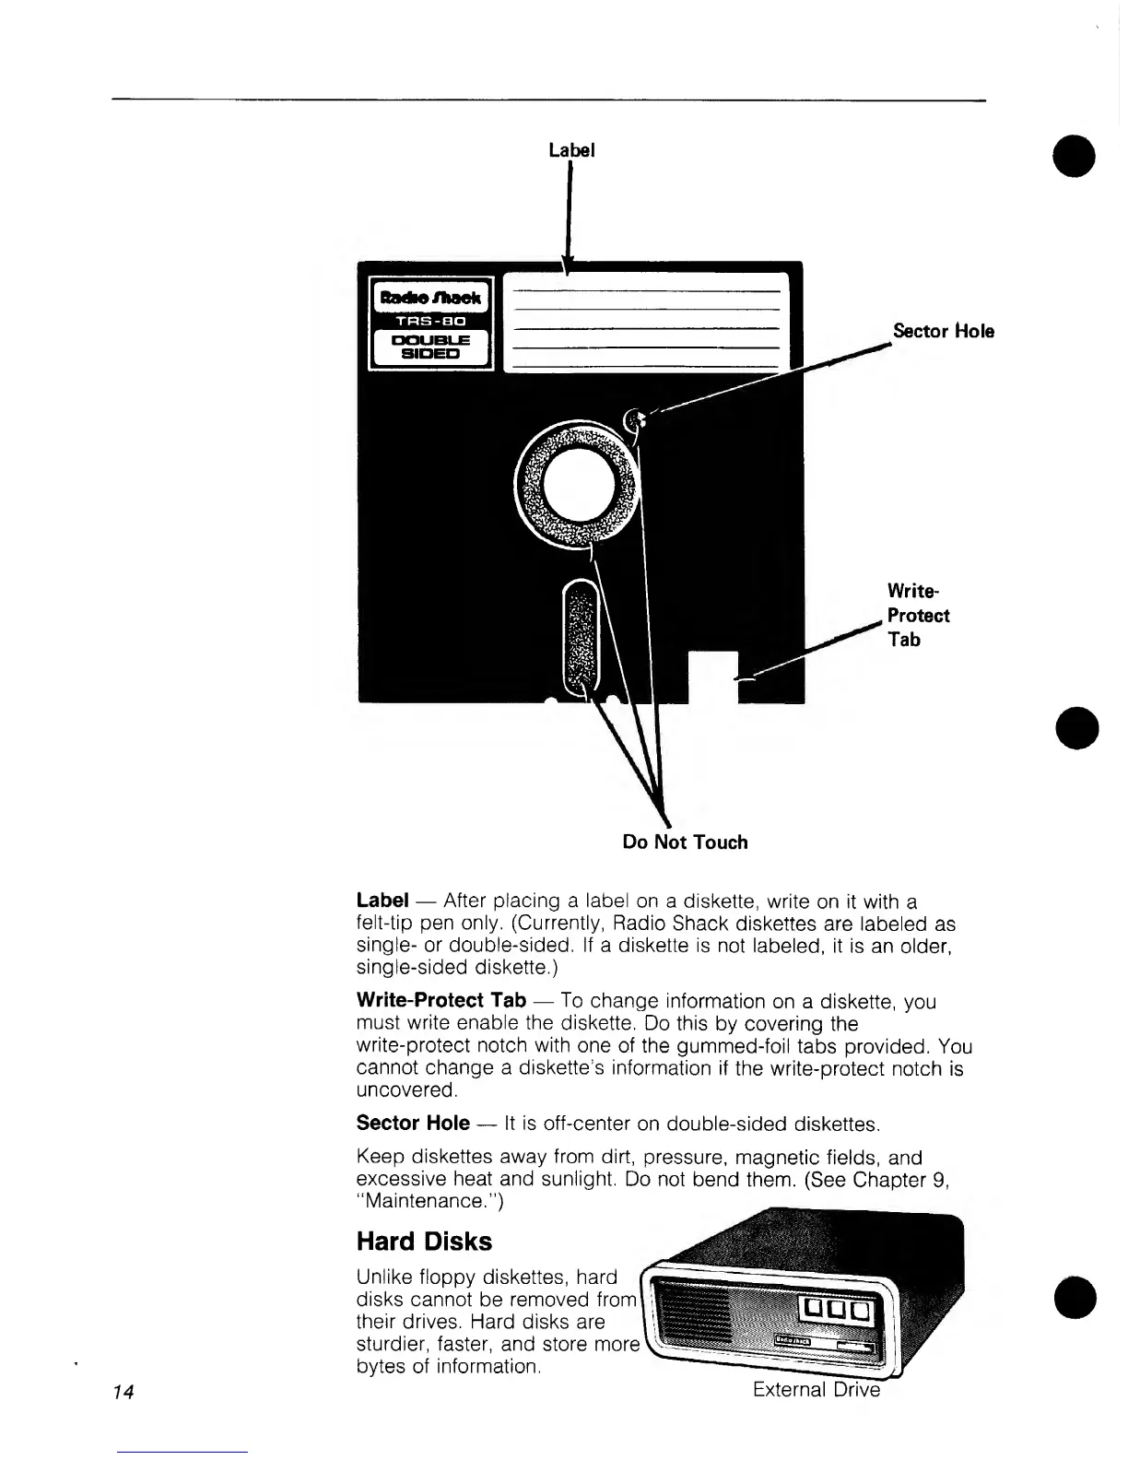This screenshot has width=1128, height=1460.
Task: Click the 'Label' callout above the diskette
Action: coord(571,149)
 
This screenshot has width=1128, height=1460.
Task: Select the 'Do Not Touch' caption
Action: coord(685,842)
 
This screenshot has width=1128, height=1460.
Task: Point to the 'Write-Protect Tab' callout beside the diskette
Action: coord(917,615)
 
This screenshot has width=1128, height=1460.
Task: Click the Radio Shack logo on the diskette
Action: coord(431,297)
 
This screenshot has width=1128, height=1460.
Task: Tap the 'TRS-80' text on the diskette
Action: coord(431,322)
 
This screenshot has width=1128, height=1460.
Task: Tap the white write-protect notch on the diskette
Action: coord(713,676)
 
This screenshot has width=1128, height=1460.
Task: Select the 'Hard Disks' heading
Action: coord(424,1242)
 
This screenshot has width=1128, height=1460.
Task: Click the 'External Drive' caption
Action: coord(816,1389)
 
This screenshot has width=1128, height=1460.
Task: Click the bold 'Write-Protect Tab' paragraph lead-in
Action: coord(441,1000)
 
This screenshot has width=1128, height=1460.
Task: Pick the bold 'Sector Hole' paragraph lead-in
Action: coord(412,1124)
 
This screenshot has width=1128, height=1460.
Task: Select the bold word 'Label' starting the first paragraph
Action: coord(382,901)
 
